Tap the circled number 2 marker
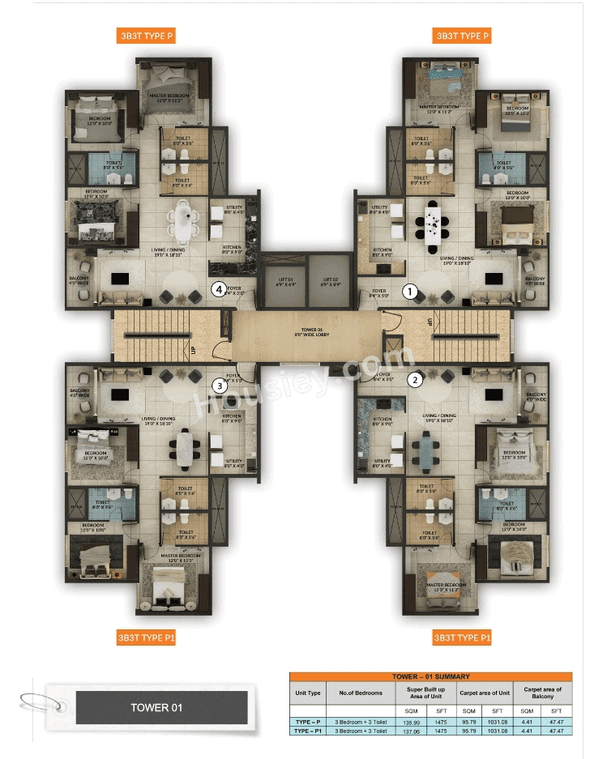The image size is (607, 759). point(414,378)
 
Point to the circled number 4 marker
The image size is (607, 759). point(217,288)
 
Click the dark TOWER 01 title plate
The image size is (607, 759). point(161,707)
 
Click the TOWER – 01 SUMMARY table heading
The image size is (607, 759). point(430,676)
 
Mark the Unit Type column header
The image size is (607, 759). point(308,693)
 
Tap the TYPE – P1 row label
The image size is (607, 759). point(308,731)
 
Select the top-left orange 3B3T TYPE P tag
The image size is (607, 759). point(146,36)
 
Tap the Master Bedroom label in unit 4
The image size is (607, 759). point(169,96)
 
